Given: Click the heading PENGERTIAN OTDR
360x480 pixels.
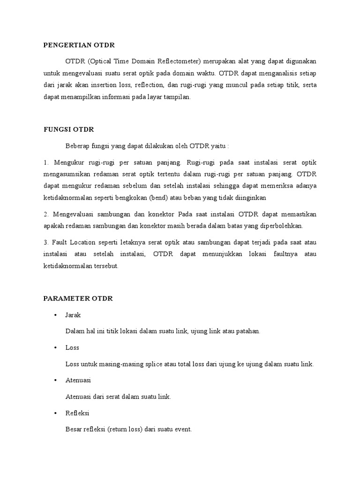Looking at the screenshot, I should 79,45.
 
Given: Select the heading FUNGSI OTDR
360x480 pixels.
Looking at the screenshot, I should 68,129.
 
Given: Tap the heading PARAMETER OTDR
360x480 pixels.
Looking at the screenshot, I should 78,299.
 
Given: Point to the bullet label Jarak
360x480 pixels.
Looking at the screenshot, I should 73,315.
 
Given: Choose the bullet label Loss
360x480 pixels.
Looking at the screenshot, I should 72,348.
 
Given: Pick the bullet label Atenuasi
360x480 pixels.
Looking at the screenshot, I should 78,380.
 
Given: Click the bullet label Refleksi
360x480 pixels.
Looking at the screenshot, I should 77,413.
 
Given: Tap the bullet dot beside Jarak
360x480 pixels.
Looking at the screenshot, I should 56,315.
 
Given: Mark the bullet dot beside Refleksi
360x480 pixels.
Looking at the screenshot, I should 56,413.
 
